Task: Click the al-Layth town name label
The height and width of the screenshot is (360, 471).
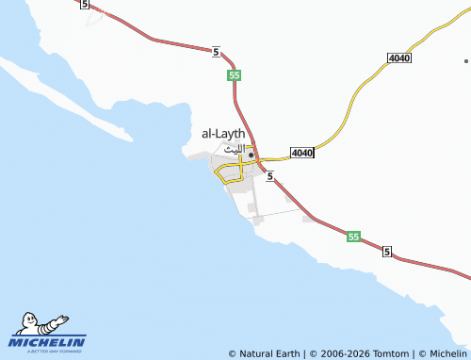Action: (223, 134)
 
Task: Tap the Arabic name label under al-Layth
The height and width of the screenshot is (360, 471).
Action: (233, 149)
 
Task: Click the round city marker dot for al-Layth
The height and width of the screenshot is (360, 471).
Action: (251, 155)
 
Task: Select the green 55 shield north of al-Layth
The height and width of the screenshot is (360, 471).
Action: (234, 74)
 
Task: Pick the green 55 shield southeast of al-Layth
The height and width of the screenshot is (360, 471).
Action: (353, 237)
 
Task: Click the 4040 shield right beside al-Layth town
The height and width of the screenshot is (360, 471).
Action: (301, 153)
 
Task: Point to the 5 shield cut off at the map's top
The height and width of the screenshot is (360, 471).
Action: (86, 5)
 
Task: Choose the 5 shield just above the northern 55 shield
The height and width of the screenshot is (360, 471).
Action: (217, 52)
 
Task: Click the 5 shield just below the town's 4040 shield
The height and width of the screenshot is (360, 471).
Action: (270, 176)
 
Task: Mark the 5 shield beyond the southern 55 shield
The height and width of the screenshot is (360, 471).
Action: (387, 253)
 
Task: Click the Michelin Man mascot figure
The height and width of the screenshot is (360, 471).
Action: (39, 322)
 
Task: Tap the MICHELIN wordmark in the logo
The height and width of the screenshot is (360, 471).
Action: (47, 342)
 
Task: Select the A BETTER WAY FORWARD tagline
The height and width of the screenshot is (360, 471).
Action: (47, 352)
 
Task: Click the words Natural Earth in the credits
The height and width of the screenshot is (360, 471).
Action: (269, 353)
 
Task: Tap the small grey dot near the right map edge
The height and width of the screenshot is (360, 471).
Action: (465, 60)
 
